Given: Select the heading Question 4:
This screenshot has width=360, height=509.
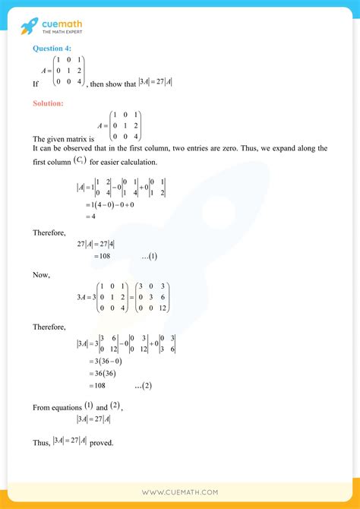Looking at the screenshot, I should (52, 49).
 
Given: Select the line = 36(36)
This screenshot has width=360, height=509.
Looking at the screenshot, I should (95, 374).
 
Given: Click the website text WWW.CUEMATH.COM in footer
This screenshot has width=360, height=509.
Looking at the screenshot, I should (180, 493).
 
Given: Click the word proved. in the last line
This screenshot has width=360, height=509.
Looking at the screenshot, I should (102, 442).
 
